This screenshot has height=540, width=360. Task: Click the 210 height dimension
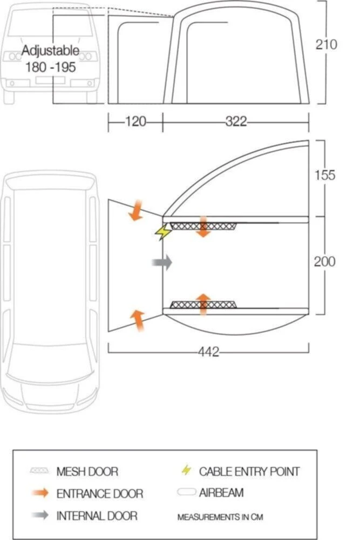[x=326, y=44]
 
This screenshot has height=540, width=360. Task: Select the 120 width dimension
[x=135, y=122]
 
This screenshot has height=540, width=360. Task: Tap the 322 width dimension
[x=236, y=122]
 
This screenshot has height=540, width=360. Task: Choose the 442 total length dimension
[x=208, y=352]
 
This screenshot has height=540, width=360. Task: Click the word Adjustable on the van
[x=50, y=51]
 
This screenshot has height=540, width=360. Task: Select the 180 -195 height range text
[x=50, y=67]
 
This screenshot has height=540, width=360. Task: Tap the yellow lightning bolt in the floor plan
[x=162, y=232]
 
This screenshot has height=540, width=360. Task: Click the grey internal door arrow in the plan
[x=161, y=263]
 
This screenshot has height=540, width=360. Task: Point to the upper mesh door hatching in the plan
[x=203, y=225]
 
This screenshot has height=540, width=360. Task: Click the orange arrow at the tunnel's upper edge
[x=135, y=211]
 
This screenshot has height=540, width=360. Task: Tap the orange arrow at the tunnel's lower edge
[x=138, y=320]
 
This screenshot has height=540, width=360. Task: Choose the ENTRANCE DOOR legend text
[x=100, y=494]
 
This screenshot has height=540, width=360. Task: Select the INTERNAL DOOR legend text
[x=97, y=516]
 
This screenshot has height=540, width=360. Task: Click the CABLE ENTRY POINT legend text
[x=249, y=471]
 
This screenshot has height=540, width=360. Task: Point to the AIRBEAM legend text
[x=221, y=492]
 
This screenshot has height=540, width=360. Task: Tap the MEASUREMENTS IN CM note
[x=220, y=517]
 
